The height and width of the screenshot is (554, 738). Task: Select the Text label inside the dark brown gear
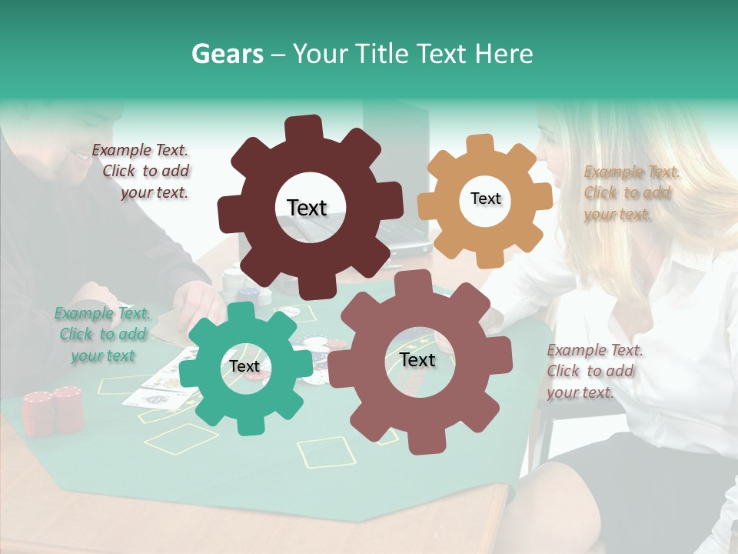(x=307, y=208)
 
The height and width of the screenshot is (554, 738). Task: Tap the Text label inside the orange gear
(x=485, y=199)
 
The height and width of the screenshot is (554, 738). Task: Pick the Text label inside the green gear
(x=244, y=367)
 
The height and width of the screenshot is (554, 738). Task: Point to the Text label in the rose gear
(x=417, y=360)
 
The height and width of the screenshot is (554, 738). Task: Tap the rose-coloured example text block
(x=593, y=371)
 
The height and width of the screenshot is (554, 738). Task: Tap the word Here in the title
(x=504, y=54)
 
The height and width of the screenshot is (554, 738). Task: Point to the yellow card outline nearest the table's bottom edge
(x=326, y=452)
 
